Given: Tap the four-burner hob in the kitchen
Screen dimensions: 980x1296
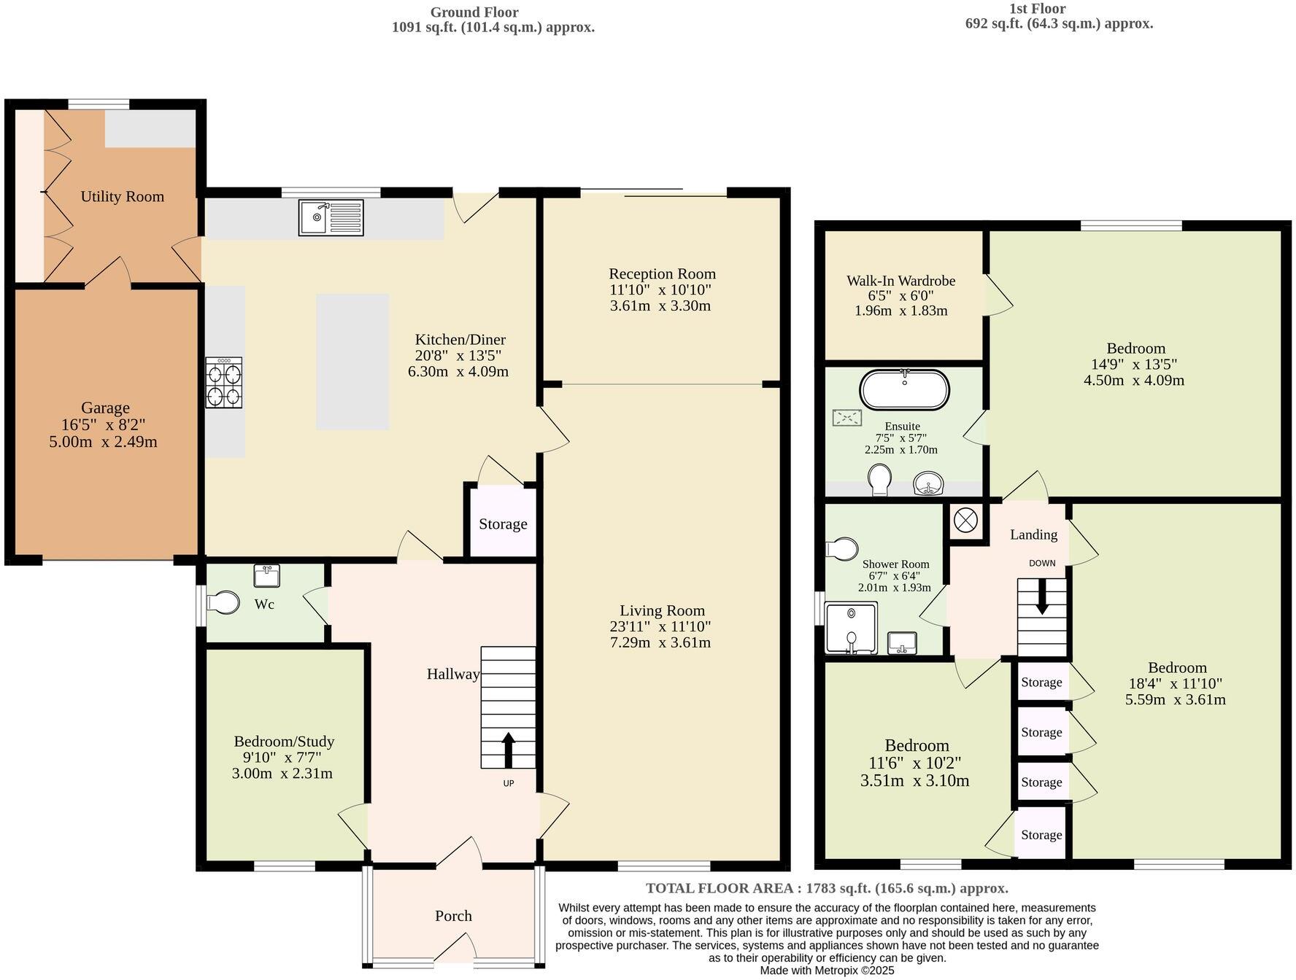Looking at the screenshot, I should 223,383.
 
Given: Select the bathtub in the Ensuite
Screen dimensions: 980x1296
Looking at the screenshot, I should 904,391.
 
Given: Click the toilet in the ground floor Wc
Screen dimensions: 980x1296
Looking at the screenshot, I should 224,603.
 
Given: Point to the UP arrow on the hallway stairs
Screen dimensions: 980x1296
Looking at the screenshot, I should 508,750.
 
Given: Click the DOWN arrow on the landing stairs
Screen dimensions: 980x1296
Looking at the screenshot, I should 1041,596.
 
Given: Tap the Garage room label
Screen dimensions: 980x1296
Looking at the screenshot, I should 105,408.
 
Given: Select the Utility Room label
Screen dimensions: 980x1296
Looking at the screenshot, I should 122,196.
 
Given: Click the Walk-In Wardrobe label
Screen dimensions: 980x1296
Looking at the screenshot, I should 900,281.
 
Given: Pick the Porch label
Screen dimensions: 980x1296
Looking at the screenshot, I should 453,916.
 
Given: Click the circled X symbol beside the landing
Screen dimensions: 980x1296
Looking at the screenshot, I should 965,521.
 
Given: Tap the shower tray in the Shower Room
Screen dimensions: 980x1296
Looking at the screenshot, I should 851,628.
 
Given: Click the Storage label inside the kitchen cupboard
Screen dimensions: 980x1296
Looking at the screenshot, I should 503,524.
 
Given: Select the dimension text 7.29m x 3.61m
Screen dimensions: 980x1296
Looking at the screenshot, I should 660,642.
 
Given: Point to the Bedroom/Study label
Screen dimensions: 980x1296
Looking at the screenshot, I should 284,742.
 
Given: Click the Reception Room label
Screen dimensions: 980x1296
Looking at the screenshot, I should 662,273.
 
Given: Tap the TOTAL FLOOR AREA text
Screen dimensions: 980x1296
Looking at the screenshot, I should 827,888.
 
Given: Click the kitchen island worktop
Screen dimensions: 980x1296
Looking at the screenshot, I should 352,362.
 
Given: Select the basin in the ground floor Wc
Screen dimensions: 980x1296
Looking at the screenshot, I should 266,575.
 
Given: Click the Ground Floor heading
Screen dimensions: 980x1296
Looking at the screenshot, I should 474,12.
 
